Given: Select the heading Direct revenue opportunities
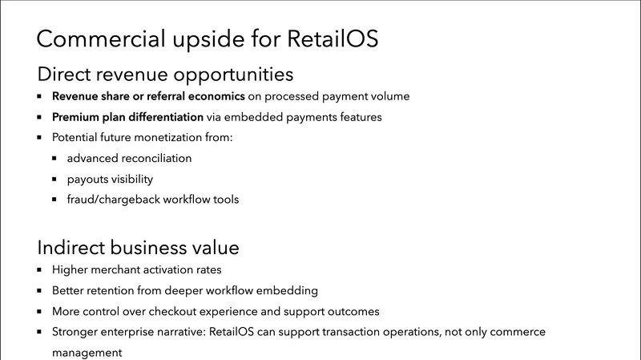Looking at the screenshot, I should (165, 75).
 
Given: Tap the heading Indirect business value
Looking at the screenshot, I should (139, 246).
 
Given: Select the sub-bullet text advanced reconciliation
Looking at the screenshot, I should (129, 158).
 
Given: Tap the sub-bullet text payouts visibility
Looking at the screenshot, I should (110, 179).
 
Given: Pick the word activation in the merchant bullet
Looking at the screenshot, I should (163, 269).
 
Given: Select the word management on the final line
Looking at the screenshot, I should (87, 351).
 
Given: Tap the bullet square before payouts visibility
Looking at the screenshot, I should (54, 179).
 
